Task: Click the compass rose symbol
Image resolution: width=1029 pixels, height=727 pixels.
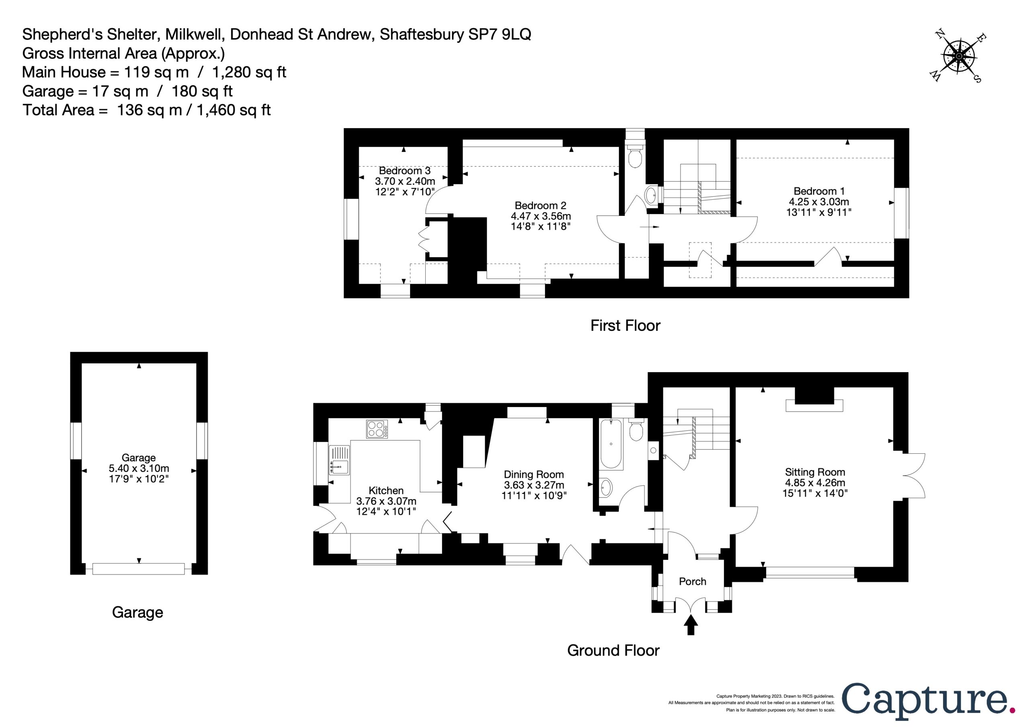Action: coord(958,57)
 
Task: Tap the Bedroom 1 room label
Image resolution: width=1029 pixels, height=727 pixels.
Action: coord(819,191)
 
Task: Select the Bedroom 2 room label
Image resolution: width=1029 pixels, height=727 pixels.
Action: coord(541,206)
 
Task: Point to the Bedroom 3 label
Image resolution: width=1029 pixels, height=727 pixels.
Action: coord(405,171)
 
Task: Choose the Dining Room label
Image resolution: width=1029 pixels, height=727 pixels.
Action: coord(534,474)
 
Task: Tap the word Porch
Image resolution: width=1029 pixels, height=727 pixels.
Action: coord(693,582)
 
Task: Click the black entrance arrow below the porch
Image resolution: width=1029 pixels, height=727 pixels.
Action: coord(691,625)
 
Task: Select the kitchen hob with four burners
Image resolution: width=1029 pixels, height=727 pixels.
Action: coord(377,428)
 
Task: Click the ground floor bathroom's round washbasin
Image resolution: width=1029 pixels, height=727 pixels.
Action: coord(605,487)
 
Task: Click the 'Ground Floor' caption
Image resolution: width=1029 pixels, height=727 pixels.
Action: coord(613,650)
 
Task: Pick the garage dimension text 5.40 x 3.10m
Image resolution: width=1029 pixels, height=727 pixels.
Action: coord(139,468)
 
